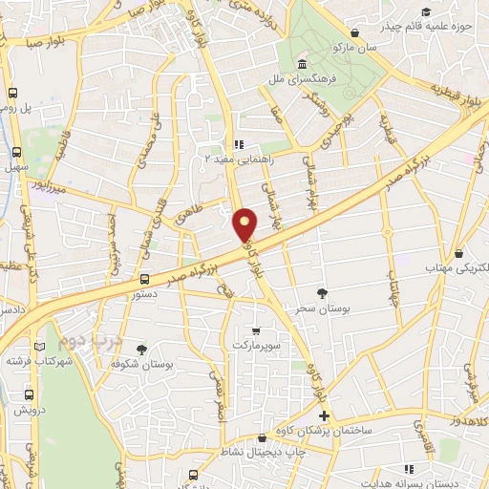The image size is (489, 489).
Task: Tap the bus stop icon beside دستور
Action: [144, 279]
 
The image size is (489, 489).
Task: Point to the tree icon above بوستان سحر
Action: [321, 293]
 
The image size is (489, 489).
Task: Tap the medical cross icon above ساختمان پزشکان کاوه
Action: [324, 415]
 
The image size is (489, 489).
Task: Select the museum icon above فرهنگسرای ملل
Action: [302, 62]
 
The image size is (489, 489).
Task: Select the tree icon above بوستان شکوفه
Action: [142, 349]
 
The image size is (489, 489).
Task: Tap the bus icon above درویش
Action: [28, 393]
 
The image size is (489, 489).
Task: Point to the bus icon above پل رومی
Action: [13, 94]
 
